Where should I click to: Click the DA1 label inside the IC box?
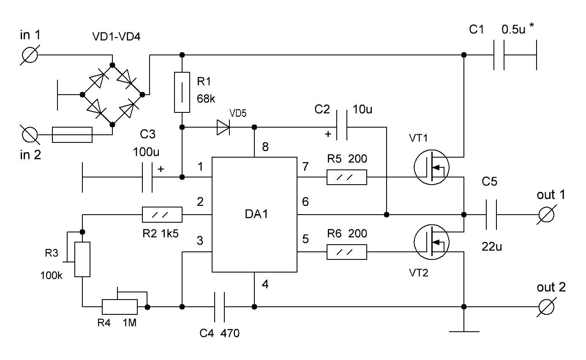[x=256, y=214]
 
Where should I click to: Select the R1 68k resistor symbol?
[x=182, y=93]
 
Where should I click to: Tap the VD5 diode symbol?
[x=223, y=128]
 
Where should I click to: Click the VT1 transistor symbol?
[x=432, y=167]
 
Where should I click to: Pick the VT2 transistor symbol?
[x=432, y=242]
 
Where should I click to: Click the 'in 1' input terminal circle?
[x=30, y=55]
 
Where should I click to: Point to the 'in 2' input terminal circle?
[x=30, y=135]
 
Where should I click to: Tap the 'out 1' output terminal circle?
[x=546, y=215]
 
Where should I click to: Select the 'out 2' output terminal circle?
[x=546, y=307]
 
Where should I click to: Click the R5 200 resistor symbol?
[x=347, y=177]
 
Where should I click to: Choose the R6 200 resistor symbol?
[x=347, y=252]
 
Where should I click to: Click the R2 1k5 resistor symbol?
[x=162, y=215]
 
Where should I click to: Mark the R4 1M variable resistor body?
[x=120, y=307]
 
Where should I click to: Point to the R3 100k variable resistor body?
[x=82, y=259]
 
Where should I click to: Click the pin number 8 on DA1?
[x=265, y=147]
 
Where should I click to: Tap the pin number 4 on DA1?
[x=265, y=284]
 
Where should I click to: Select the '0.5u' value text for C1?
[x=513, y=30]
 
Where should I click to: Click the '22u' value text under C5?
[x=492, y=247]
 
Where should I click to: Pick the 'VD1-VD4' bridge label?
[x=117, y=37]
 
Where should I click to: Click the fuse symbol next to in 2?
[x=72, y=135]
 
